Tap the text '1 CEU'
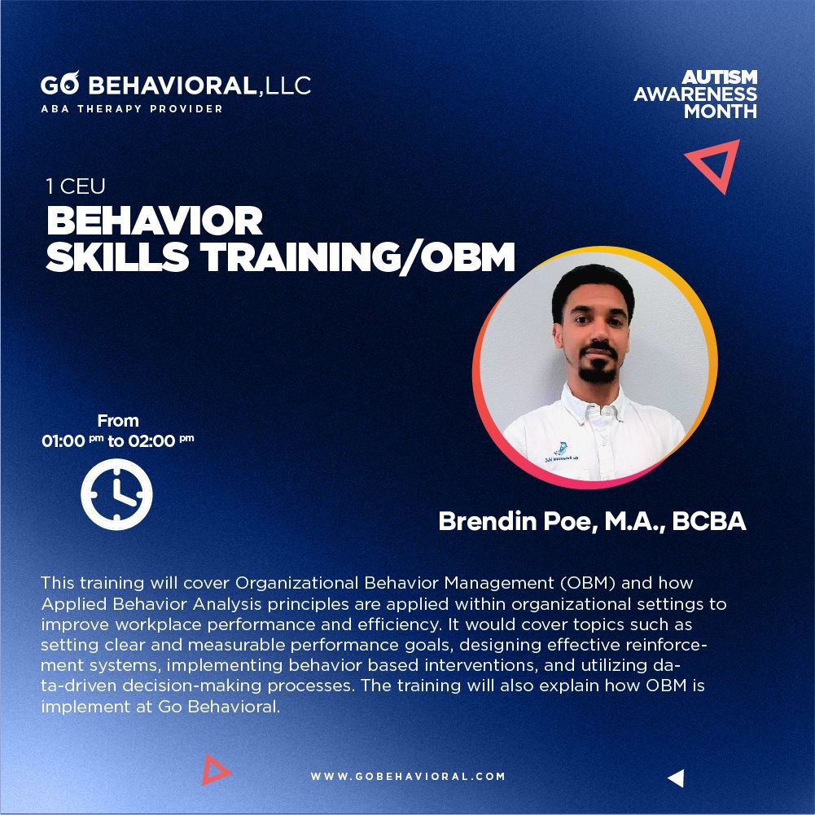point(75,187)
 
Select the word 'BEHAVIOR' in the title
point(155,221)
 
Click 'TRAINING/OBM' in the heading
point(358,257)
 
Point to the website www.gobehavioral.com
point(408,777)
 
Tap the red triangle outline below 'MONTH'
point(713,164)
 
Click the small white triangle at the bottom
point(675,778)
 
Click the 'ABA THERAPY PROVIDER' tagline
point(131,109)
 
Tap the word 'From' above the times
point(118,421)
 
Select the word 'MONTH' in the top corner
point(721,111)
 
